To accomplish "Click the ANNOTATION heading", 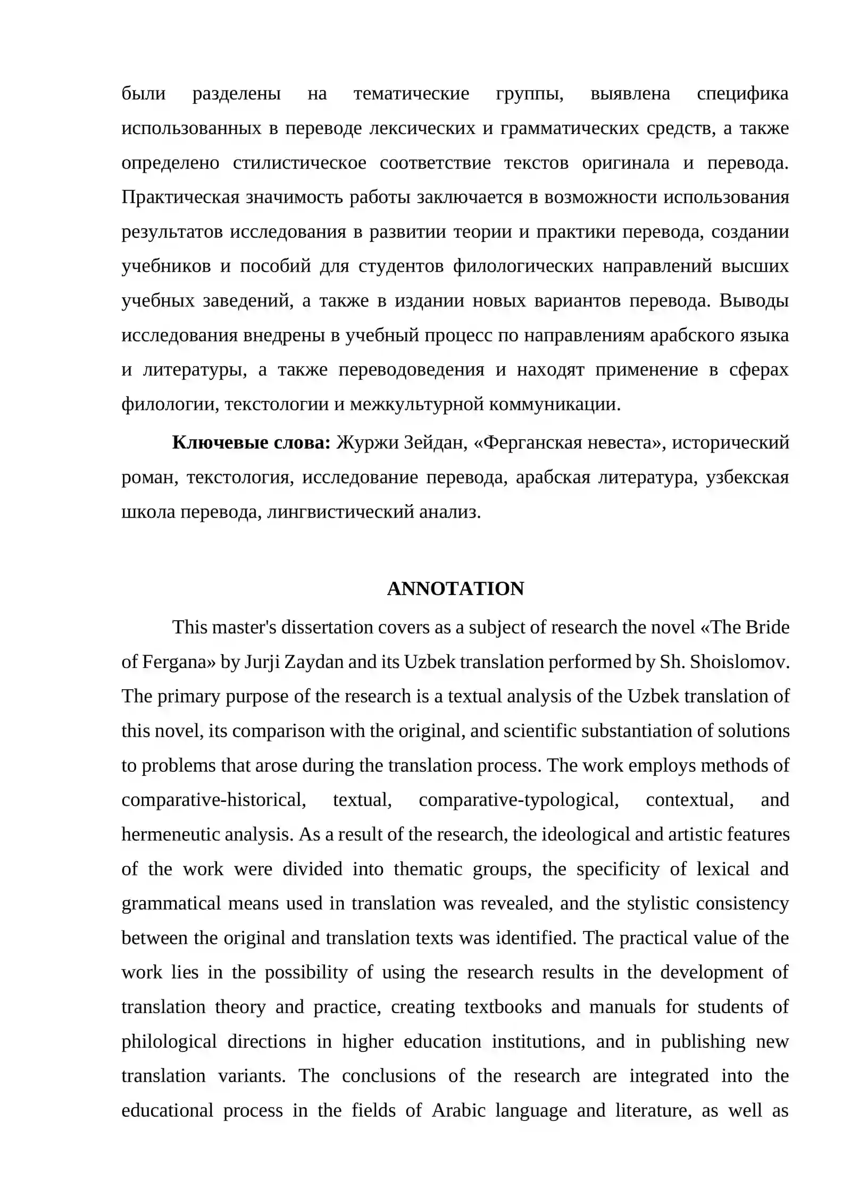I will coord(455,589).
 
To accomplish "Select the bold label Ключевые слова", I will coord(251,442).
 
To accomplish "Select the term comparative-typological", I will coord(519,799).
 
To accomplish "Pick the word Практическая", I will coord(180,197).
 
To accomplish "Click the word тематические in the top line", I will coord(411,94).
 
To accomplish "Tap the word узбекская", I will coord(747,477).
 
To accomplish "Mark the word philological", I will coord(169,1041).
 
